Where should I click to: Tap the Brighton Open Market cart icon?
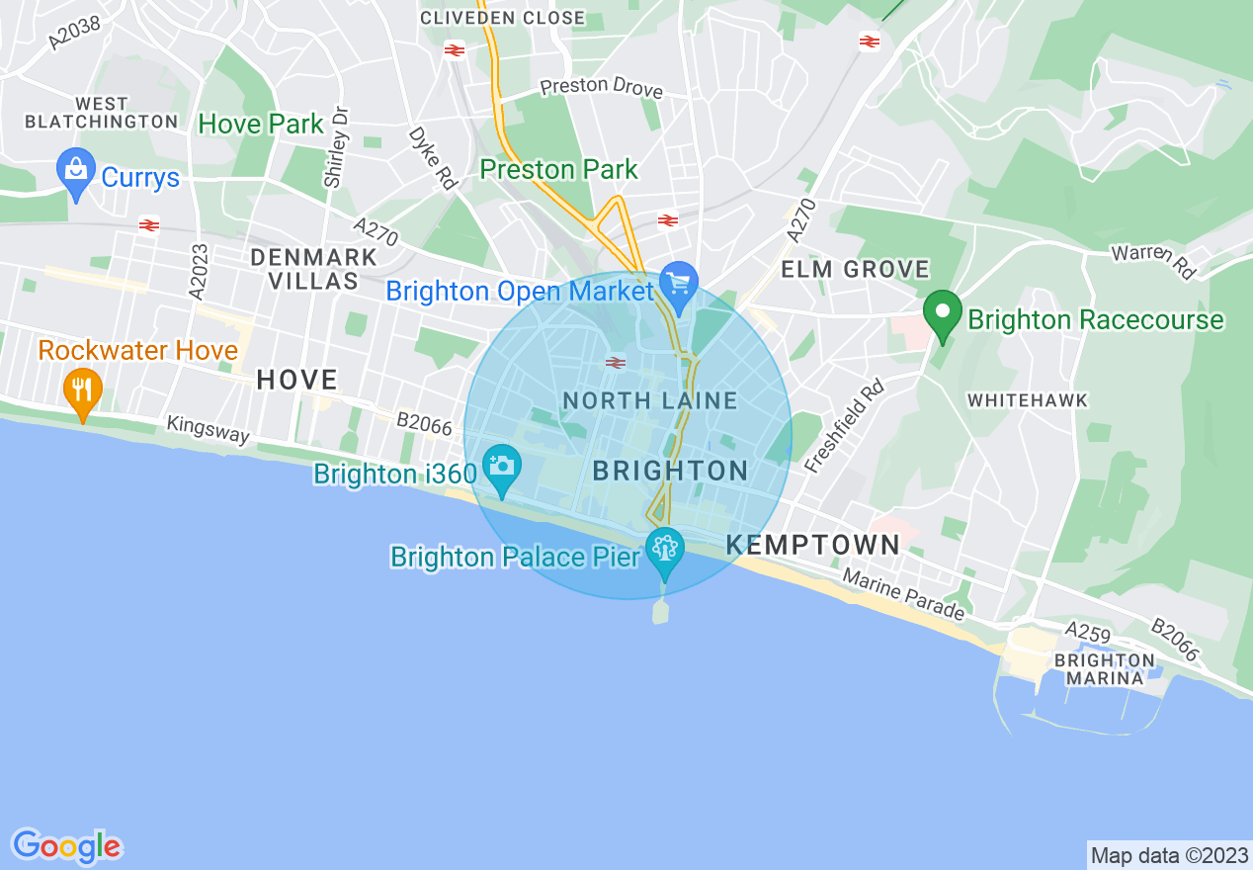tap(678, 284)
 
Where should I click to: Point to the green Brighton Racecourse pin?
tap(943, 313)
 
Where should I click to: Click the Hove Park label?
tap(261, 124)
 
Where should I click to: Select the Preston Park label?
tap(559, 170)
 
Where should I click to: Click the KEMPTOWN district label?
tap(813, 545)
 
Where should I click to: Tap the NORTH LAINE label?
tap(650, 400)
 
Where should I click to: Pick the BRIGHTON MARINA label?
tap(1104, 669)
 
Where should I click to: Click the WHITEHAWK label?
tap(1028, 400)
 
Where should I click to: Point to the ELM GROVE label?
tap(855, 269)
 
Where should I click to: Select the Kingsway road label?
tap(208, 429)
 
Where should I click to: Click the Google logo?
tap(66, 846)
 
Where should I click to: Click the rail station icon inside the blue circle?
tap(616, 363)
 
